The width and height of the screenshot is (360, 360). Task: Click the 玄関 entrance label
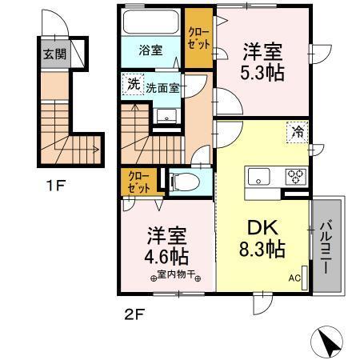55,56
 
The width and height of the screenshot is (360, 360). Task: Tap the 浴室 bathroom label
152,50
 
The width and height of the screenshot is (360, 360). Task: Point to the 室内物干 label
174,278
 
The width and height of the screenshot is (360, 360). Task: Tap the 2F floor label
133,313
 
